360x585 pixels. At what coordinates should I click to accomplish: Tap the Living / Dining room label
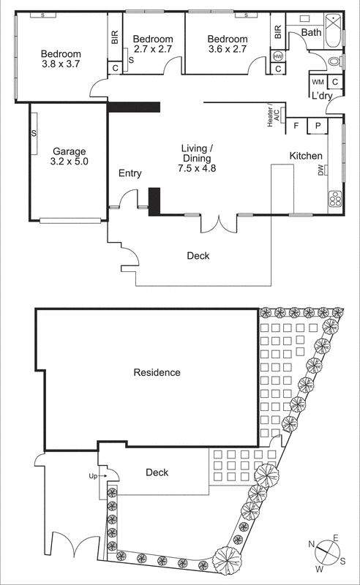(196, 158)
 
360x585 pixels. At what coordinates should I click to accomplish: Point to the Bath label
(311, 32)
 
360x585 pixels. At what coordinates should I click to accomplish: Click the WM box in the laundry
(318, 82)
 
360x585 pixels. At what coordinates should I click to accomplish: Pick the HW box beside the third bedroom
(278, 56)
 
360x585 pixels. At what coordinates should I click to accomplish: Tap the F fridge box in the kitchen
(296, 126)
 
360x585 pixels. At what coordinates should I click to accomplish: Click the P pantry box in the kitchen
(318, 126)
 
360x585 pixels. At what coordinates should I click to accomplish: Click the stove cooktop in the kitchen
(335, 197)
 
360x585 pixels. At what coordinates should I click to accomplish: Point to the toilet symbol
(333, 61)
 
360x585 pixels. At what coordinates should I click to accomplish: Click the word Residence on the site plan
(157, 372)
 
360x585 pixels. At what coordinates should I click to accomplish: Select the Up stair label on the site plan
(93, 476)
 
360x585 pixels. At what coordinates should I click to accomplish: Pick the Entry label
(130, 173)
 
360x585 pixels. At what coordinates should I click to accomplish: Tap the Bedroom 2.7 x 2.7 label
(153, 44)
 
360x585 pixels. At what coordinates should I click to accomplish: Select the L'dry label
(323, 96)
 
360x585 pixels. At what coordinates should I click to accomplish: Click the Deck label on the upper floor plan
(198, 255)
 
